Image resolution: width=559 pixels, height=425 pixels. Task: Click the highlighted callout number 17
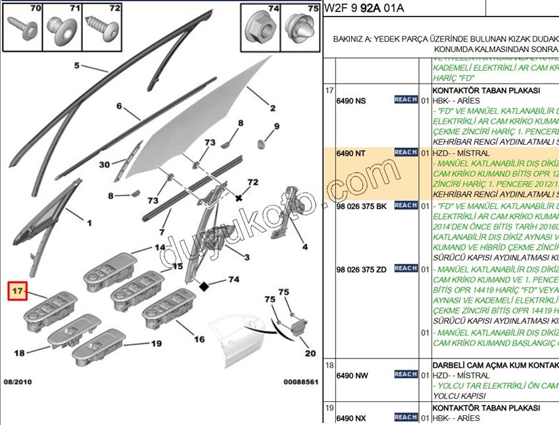pyautogui.click(x=17, y=290)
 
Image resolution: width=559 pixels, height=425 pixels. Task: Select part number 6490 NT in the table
pyautogui.click(x=351, y=153)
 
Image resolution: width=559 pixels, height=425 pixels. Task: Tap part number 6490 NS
pyautogui.click(x=351, y=101)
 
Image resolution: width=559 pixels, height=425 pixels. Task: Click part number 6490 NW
pyautogui.click(x=351, y=376)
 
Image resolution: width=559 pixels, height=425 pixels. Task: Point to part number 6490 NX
pyautogui.click(x=351, y=418)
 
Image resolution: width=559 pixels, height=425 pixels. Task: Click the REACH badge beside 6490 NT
pyautogui.click(x=406, y=153)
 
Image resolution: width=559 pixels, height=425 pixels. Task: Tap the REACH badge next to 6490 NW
pyautogui.click(x=406, y=374)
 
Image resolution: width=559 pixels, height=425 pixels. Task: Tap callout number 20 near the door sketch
pyautogui.click(x=310, y=354)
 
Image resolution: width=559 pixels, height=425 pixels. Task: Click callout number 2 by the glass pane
pyautogui.click(x=271, y=109)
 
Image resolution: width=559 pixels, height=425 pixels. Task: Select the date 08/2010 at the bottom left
pyautogui.click(x=18, y=382)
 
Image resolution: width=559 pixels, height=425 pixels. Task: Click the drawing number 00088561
pyautogui.click(x=301, y=382)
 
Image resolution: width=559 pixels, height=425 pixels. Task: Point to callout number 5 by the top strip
pyautogui.click(x=76, y=66)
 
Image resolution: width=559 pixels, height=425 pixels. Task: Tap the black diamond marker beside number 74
pyautogui.click(x=205, y=286)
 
